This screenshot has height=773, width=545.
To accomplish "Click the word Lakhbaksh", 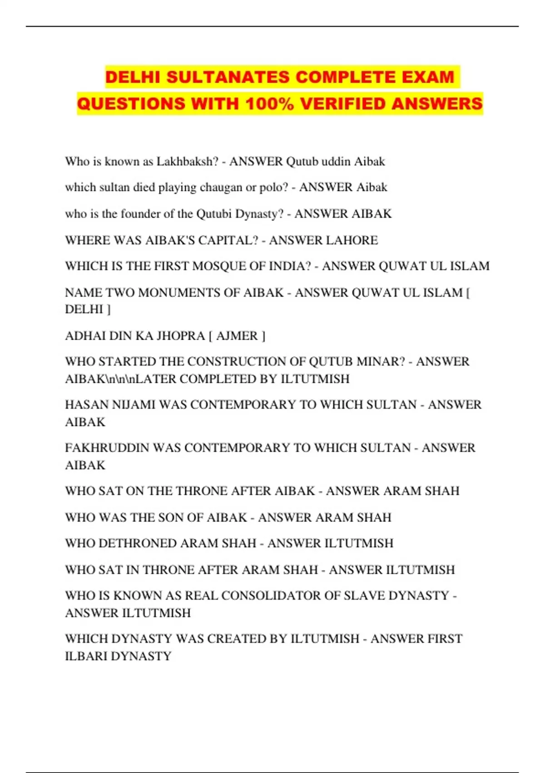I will point(188,161).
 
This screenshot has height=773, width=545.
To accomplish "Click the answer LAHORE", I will point(351,240).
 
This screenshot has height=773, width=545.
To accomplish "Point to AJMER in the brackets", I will point(237,336).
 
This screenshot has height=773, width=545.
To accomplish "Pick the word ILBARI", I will point(86,656).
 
